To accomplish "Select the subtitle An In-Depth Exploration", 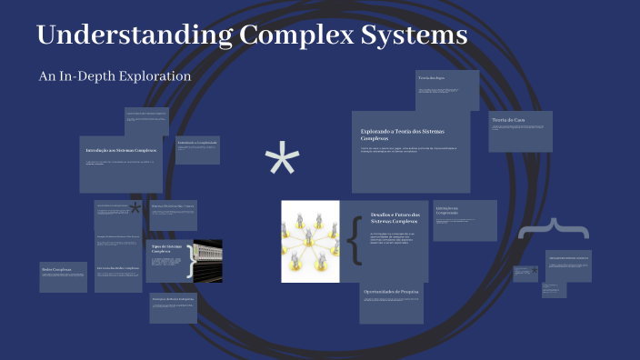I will pos(115,76).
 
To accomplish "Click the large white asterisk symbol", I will pos(282,164).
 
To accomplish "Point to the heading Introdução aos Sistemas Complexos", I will pos(121,149).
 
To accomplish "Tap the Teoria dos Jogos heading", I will pos(432,79).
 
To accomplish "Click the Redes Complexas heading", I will pos(56,268).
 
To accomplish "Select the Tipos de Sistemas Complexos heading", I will pos(162,249).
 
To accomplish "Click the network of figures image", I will pos(310,241).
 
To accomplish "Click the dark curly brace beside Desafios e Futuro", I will pos(355,241).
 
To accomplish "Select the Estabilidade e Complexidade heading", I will pos(197,143).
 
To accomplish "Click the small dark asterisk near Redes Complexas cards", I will pos(135,208).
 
